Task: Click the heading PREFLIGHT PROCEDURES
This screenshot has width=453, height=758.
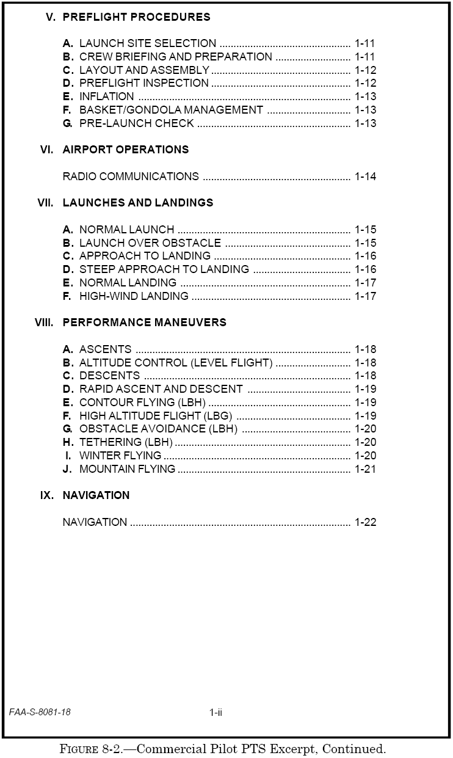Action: [x=136, y=17]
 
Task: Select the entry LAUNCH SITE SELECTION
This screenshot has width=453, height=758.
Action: [x=147, y=43]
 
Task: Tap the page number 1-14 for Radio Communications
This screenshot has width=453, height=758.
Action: [x=365, y=177]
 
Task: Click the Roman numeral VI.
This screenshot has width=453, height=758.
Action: [x=46, y=150]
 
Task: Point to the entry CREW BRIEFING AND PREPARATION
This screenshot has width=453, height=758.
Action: [x=175, y=57]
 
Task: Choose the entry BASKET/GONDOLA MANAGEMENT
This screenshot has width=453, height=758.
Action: [x=171, y=110]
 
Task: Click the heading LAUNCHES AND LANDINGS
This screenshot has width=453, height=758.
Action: [x=138, y=203]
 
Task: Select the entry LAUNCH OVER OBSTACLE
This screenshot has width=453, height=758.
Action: [x=150, y=243]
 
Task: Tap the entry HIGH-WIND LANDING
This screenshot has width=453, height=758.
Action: [x=134, y=296]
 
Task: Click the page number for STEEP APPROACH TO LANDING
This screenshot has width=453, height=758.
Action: [x=365, y=269]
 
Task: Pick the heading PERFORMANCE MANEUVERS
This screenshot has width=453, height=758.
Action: [x=144, y=323]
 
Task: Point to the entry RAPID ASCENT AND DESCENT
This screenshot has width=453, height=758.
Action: [x=161, y=389]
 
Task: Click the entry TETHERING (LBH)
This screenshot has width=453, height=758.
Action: [x=126, y=442]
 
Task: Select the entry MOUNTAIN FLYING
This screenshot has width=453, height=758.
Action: [x=127, y=469]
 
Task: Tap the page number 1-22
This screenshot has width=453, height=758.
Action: [x=365, y=522]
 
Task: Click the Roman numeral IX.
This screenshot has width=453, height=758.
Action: [x=46, y=495]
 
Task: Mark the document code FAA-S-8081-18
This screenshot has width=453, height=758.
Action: [x=40, y=712]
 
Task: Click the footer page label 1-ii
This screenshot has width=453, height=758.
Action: [x=216, y=712]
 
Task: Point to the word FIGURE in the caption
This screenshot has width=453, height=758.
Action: [x=83, y=749]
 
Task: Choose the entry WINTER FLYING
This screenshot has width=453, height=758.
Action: [x=120, y=456]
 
